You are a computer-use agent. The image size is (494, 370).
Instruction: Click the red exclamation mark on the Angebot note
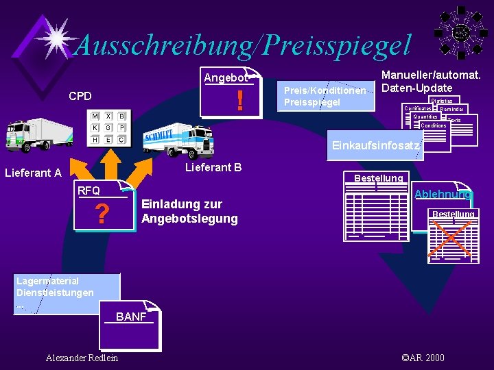click(239, 102)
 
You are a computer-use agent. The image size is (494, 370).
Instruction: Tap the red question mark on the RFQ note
click(102, 215)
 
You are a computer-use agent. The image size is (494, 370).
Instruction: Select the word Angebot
click(226, 78)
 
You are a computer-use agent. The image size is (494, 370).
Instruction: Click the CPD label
click(80, 96)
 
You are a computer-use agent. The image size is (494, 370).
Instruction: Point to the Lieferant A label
click(33, 173)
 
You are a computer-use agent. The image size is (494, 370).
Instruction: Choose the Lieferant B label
click(213, 167)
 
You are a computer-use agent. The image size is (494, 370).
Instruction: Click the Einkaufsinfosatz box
click(375, 145)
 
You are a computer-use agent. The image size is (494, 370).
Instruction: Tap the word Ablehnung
click(443, 195)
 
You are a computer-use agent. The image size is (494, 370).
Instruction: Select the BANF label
click(131, 317)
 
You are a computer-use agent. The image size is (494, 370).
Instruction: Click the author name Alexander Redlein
click(82, 358)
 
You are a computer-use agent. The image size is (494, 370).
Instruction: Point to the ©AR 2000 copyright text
click(423, 358)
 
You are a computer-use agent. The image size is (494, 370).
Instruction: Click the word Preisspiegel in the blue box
click(312, 103)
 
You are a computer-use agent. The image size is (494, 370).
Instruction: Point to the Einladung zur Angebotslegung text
click(189, 212)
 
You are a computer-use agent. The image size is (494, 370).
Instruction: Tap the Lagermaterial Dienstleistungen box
click(56, 293)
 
